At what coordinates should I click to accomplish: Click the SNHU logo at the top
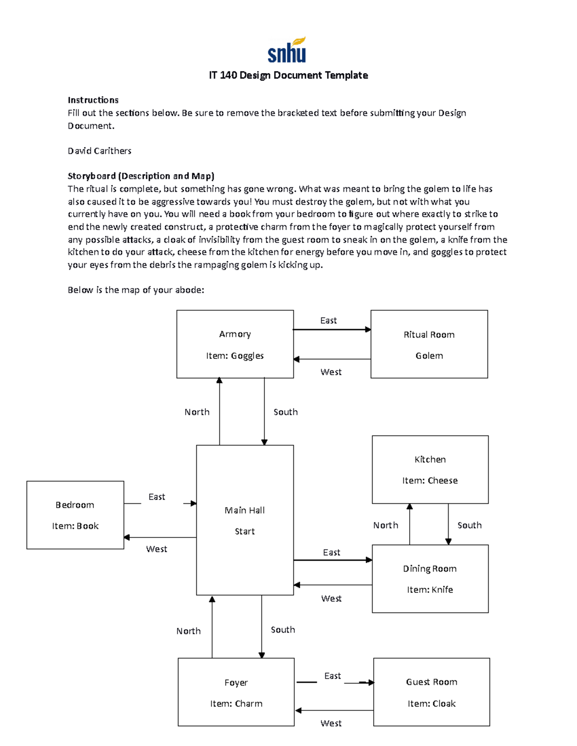[x=287, y=50]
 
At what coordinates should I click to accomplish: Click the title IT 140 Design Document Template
[x=288, y=75]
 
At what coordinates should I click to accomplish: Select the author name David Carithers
[x=100, y=151]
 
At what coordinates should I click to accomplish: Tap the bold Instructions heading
[x=93, y=100]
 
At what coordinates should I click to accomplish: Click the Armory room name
[x=235, y=334]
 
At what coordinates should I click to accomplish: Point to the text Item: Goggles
[x=235, y=355]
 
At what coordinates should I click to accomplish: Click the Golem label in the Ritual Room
[x=429, y=355]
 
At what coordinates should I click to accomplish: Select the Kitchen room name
[x=430, y=459]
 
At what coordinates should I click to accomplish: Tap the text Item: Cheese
[x=430, y=480]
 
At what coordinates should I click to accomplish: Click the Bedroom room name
[x=75, y=505]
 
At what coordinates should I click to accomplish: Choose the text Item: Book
[x=75, y=526]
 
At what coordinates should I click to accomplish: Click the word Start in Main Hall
[x=244, y=531]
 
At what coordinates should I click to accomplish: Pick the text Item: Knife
[x=430, y=589]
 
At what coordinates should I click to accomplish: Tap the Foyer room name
[x=236, y=683]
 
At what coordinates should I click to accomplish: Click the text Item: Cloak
[x=431, y=703]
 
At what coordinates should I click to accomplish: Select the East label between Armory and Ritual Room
[x=328, y=320]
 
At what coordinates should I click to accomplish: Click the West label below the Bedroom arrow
[x=157, y=549]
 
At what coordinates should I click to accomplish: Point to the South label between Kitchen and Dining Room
[x=469, y=525]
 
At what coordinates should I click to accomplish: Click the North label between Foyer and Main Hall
[x=188, y=631]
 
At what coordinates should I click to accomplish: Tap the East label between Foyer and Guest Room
[x=332, y=676]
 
